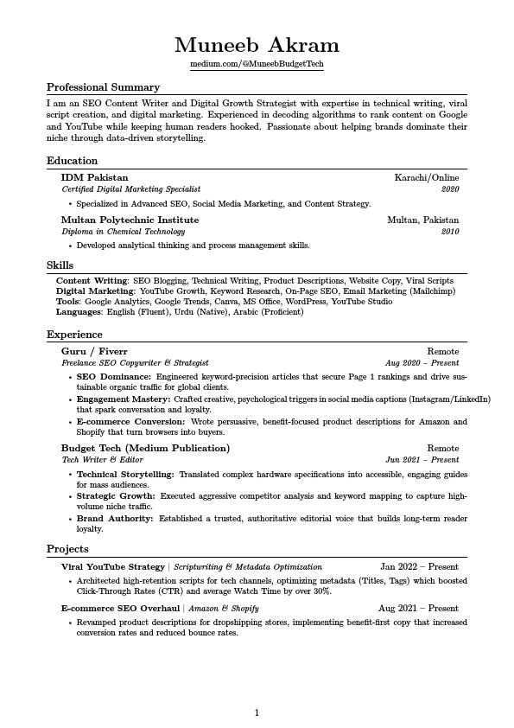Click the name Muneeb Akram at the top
(257, 45)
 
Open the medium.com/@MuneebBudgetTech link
(257, 65)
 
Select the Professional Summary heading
(103, 87)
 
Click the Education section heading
(72, 161)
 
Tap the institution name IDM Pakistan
(94, 177)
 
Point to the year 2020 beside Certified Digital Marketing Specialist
(450, 188)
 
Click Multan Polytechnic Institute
(130, 220)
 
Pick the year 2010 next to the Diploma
(450, 232)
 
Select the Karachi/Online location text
(427, 177)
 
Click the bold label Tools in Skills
(67, 302)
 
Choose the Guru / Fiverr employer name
(94, 352)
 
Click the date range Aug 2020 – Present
(422, 363)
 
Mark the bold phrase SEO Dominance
(113, 377)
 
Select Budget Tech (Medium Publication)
(145, 449)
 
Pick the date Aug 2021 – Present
(418, 609)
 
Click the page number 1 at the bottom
(257, 713)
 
